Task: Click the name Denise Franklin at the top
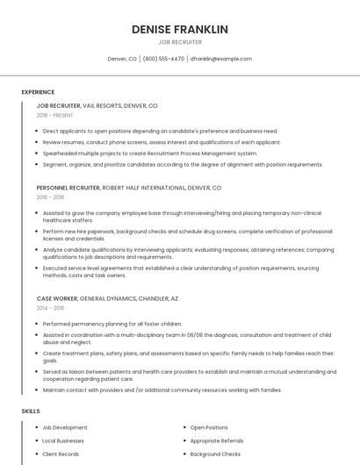pos(180,29)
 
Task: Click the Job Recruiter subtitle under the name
pos(180,42)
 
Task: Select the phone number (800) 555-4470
pos(163,59)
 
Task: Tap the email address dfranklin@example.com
pos(221,59)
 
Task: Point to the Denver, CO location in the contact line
pos(122,59)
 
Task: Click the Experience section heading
pos(38,92)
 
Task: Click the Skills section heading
pos(31,411)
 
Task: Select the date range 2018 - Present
pos(56,115)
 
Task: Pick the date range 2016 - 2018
pos(51,197)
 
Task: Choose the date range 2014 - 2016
pos(51,308)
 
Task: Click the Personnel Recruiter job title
pos(68,188)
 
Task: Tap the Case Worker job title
pos(57,298)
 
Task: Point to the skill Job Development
pos(65,427)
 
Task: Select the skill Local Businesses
pos(63,440)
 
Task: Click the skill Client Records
pos(61,454)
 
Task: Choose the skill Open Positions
pos(209,427)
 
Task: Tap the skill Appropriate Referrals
pos(217,440)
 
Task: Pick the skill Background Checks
pos(215,454)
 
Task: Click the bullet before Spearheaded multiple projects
pos(37,154)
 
